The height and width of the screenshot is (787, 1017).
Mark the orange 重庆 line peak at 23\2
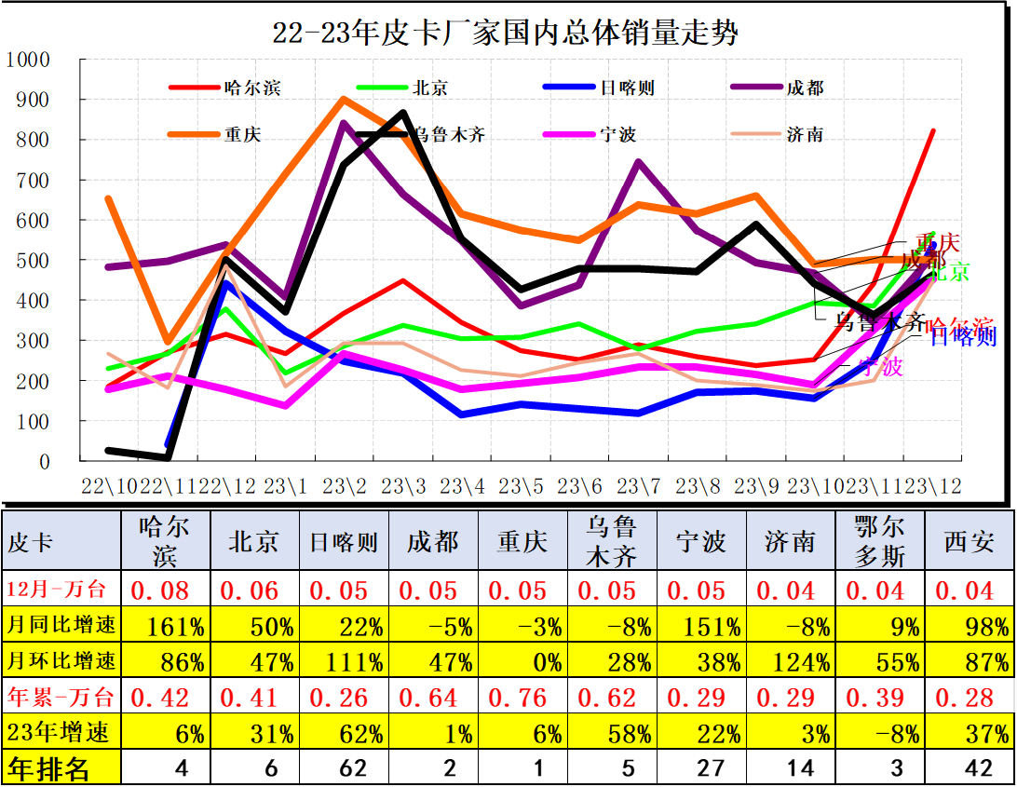tap(344, 99)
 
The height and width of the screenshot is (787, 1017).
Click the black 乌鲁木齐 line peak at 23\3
tap(402, 113)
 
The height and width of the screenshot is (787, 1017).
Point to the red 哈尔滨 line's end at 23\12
tap(933, 131)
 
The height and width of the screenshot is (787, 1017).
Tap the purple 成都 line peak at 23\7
tap(638, 162)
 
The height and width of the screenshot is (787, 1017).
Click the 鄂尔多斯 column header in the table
tap(877, 541)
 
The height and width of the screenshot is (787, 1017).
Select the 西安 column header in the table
tap(969, 541)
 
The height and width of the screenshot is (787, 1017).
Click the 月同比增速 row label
tap(61, 626)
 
